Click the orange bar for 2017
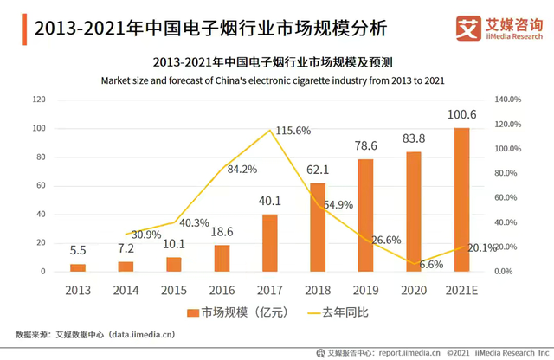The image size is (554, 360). pos(270,242)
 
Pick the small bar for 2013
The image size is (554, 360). pos(78,267)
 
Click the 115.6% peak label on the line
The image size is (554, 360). pos(293,130)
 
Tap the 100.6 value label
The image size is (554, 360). pos(462,114)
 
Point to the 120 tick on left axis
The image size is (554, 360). pos(38,100)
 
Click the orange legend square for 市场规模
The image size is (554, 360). pos(194,309)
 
